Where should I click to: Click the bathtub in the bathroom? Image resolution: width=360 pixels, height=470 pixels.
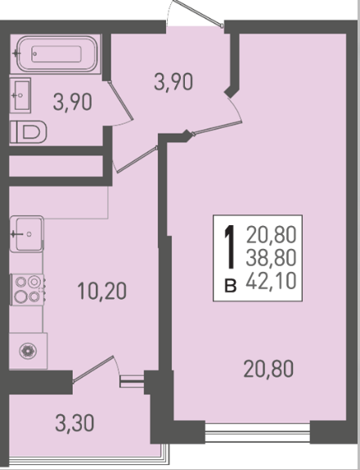[x=57, y=54]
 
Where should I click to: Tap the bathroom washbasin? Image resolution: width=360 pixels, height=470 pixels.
[x=20, y=95]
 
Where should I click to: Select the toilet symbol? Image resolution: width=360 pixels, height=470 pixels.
[x=29, y=132]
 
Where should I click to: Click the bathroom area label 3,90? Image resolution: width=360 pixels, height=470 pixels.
[x=73, y=102]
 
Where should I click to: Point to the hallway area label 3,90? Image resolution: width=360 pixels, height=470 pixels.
[x=173, y=82]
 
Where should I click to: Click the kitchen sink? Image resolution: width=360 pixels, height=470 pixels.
[x=27, y=234]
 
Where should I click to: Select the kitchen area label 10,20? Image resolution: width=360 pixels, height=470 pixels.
[x=102, y=291]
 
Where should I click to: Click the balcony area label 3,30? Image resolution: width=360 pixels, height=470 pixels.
[x=75, y=423]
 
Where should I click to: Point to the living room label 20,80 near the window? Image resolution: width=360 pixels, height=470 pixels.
[x=268, y=368]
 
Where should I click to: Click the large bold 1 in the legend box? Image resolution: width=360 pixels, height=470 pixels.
[x=230, y=247]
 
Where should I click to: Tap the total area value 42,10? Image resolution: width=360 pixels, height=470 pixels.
[x=272, y=281]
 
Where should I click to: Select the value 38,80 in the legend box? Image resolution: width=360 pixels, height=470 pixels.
[x=272, y=258]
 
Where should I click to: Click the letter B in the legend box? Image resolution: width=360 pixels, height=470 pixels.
[x=231, y=286]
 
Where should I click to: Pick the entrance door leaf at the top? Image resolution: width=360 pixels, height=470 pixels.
[x=198, y=13]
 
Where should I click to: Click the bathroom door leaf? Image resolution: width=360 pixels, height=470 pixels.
[x=120, y=101]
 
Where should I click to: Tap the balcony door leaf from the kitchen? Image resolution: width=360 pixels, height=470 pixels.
[x=93, y=369]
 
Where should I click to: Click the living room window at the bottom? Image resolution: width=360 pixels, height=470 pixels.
[x=258, y=432]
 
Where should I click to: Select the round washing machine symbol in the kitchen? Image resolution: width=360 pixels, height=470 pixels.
[x=28, y=350]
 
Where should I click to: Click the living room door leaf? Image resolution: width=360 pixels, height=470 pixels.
[x=218, y=128]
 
